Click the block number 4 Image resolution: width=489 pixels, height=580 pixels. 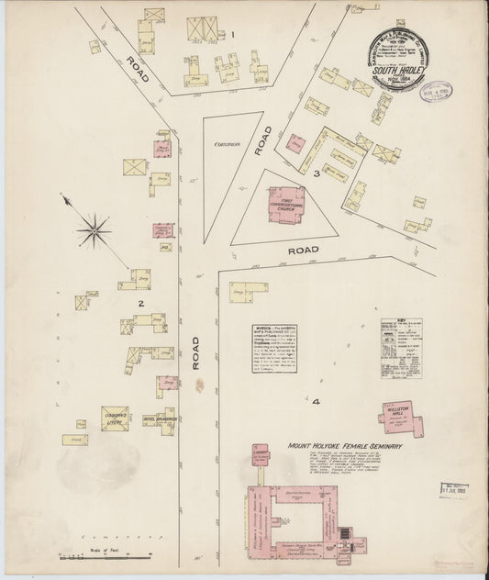(291, 401)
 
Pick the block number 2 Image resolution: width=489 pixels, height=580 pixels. (140, 302)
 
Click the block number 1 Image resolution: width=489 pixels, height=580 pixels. (233, 36)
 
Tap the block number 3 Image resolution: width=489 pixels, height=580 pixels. (315, 172)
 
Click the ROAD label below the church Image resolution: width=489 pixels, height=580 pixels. (303, 250)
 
